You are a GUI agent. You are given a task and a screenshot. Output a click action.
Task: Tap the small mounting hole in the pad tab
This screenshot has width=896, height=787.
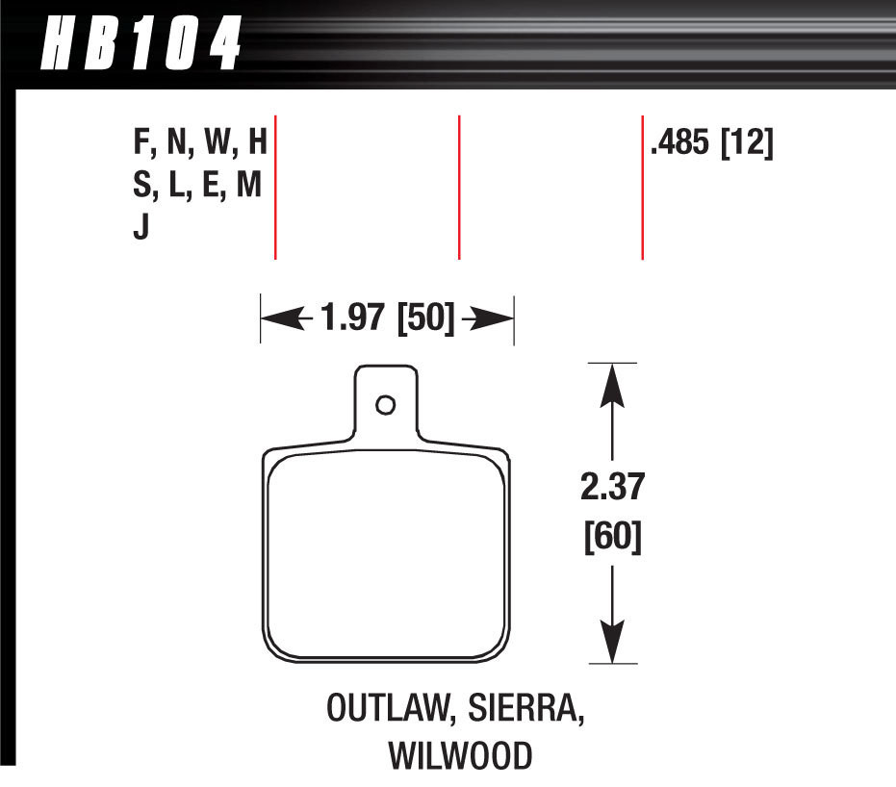click(386, 405)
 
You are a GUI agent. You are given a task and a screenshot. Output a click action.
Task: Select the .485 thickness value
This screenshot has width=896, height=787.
click(679, 146)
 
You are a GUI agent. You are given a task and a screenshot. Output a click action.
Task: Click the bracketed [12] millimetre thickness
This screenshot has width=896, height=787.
click(747, 146)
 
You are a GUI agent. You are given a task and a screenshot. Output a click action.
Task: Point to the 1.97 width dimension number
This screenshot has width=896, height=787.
click(354, 318)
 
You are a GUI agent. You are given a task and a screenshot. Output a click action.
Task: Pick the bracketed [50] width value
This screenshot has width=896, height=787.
click(426, 318)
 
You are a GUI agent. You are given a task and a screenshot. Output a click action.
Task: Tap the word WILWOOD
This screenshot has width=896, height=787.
click(459, 756)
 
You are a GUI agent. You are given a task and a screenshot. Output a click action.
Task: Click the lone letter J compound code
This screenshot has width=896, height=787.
click(141, 231)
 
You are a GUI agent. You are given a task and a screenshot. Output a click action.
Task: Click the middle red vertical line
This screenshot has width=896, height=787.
click(459, 188)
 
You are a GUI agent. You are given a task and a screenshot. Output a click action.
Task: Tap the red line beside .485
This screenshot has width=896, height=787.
click(642, 188)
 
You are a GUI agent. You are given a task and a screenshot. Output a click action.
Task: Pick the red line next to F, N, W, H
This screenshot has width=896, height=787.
click(276, 188)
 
